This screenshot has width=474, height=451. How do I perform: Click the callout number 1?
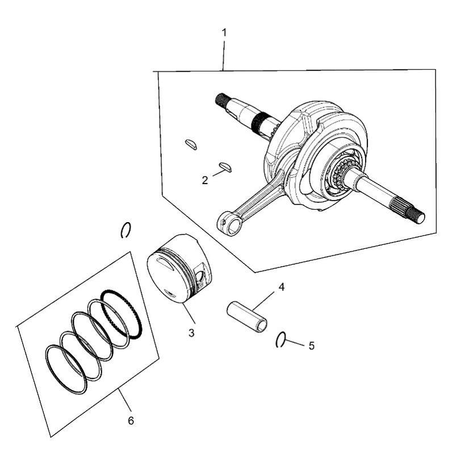coord(224,32)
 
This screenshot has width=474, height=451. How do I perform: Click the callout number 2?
coord(205,181)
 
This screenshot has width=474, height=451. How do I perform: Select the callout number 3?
coord(192,333)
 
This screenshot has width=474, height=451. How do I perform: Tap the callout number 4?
coord(282,287)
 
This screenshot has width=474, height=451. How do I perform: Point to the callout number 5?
coord(311,345)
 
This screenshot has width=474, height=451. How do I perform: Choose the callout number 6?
coord(131,421)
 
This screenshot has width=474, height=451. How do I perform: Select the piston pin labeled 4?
coord(248,316)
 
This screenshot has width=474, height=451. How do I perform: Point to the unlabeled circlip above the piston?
coord(127,229)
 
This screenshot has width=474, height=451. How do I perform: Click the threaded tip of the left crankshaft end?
coord(220,100)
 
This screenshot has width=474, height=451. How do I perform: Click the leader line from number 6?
coord(125,401)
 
